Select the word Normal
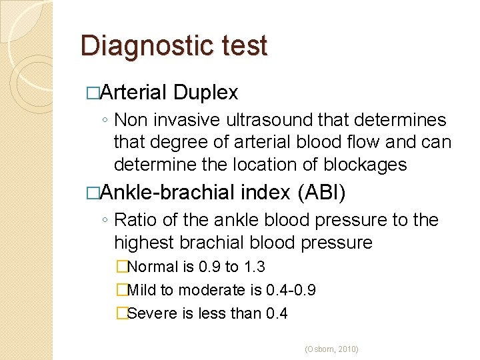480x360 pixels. point(151,267)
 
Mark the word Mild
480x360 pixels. point(140,290)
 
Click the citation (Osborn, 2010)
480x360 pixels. point(331,349)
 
